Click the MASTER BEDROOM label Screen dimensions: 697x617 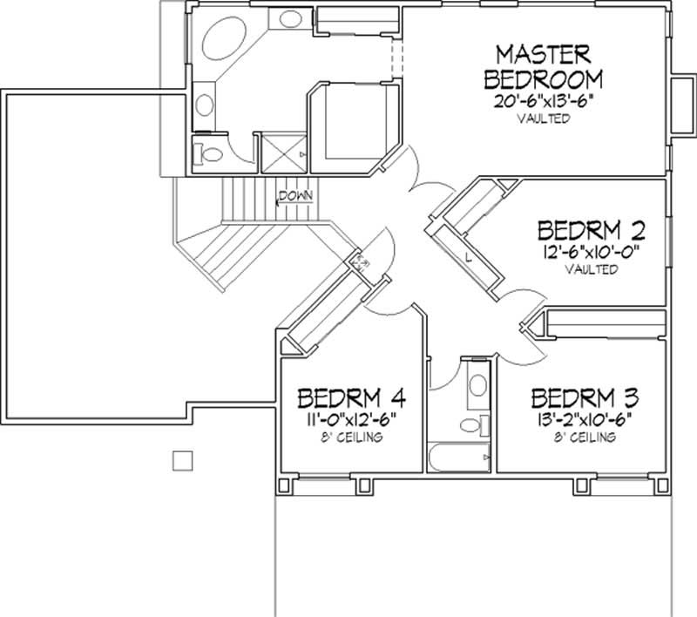[543, 67]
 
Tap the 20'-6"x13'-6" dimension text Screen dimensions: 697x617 [544, 101]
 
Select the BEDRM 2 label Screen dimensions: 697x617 [592, 230]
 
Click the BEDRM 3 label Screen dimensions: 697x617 [585, 398]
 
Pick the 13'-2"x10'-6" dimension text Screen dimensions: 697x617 [585, 419]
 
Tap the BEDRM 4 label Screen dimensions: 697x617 [351, 398]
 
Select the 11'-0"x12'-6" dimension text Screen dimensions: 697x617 [348, 419]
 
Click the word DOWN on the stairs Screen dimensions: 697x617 [296, 195]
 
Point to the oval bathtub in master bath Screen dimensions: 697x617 [224, 38]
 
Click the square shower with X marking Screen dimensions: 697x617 [284, 153]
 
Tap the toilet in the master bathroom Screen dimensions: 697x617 [209, 154]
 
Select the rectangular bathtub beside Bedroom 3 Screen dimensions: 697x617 [458, 457]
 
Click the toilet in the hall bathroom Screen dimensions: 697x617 [472, 424]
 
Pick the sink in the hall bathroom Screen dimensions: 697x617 [477, 385]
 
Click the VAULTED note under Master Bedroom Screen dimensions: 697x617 [543, 119]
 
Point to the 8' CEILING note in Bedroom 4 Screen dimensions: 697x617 [352, 437]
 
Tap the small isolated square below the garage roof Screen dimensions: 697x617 [183, 460]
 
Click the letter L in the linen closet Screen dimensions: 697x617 [468, 256]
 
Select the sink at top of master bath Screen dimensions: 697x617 [291, 19]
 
